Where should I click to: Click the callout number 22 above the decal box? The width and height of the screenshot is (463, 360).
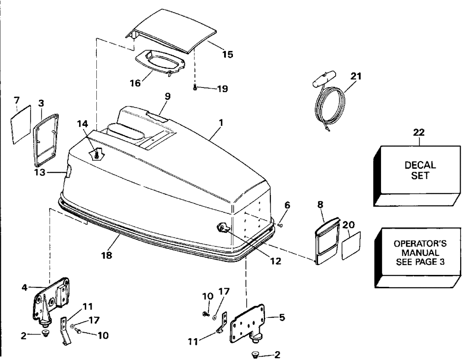click(420, 133)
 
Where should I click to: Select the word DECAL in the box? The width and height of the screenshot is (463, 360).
click(420, 165)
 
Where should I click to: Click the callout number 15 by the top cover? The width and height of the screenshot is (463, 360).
click(227, 55)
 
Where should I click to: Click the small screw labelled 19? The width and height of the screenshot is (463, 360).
click(195, 87)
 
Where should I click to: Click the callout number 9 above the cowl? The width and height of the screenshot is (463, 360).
click(168, 96)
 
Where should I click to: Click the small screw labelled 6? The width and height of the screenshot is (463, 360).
click(281, 225)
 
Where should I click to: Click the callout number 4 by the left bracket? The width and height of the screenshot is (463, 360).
click(25, 287)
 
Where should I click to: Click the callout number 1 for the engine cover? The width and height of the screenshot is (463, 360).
click(221, 123)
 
